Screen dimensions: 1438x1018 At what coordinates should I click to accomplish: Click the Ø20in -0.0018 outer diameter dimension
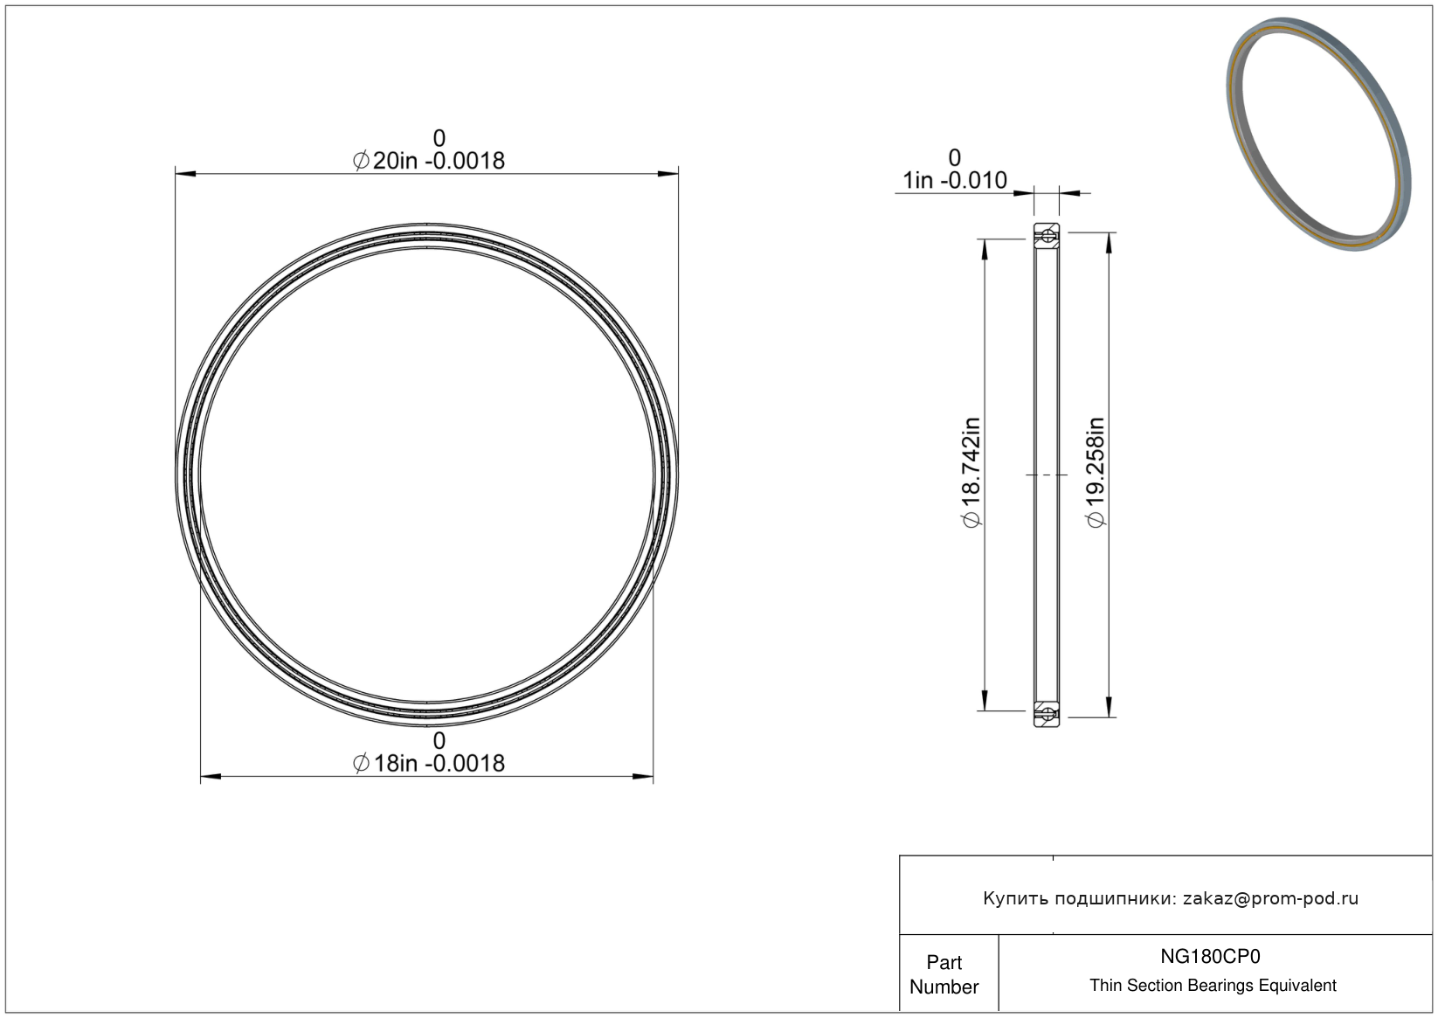[429, 161]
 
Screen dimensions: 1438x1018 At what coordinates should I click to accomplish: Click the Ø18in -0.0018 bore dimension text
[429, 763]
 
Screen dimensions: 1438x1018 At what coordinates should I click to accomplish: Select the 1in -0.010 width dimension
[955, 181]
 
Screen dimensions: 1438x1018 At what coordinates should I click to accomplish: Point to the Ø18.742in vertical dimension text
[972, 473]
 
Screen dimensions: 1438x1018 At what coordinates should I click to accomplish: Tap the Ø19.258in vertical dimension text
[1096, 473]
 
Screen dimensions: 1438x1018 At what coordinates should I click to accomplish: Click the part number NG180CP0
[1210, 956]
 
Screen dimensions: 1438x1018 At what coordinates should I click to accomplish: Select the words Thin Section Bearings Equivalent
[1213, 986]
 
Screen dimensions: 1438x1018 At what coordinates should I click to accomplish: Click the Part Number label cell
[944, 974]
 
